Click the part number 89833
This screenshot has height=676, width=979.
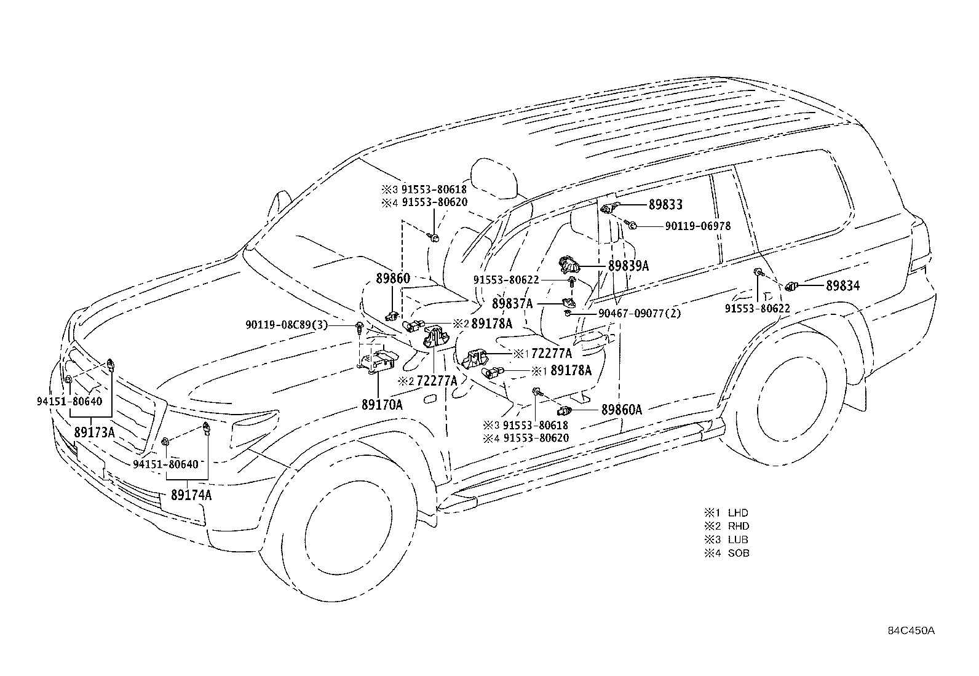(x=665, y=205)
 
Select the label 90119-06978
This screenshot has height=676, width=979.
(x=698, y=226)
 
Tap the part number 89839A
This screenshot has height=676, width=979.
(x=628, y=266)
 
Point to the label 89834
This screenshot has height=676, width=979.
(x=842, y=286)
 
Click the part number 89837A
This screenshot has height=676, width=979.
(x=512, y=303)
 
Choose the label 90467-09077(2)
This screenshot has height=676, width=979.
(x=640, y=314)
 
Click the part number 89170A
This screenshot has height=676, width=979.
(x=382, y=405)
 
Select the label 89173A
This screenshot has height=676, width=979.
(x=95, y=432)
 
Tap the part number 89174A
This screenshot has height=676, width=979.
(x=191, y=495)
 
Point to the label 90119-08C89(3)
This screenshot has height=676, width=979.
(x=287, y=325)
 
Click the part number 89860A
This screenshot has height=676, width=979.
(x=622, y=410)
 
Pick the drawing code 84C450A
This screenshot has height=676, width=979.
(x=911, y=630)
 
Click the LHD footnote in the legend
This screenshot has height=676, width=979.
(x=726, y=512)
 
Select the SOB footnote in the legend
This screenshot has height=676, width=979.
(x=726, y=553)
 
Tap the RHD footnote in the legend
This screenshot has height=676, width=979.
(x=726, y=526)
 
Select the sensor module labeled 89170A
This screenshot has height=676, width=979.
(x=377, y=361)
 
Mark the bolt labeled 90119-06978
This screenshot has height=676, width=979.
(x=631, y=225)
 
